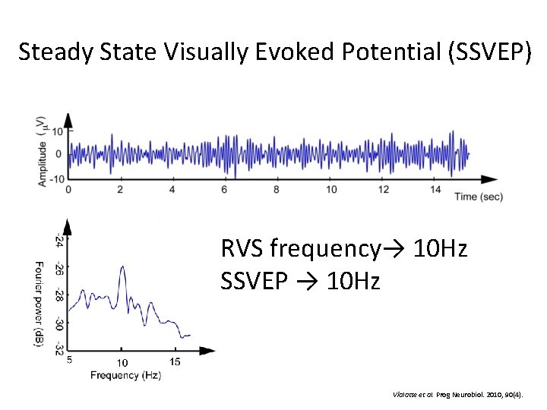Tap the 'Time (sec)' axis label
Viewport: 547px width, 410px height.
tap(478, 197)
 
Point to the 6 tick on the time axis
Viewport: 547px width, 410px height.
tap(224, 188)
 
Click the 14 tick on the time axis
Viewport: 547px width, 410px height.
tap(435, 188)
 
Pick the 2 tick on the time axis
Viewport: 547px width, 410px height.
tap(120, 188)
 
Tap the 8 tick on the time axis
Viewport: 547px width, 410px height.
tap(277, 188)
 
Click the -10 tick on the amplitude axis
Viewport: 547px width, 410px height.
tap(57, 178)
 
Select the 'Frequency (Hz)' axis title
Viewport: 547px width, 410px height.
tap(125, 375)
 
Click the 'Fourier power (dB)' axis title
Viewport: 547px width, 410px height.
tap(39, 304)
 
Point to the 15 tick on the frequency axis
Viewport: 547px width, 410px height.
tap(175, 361)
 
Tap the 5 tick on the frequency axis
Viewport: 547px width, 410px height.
tap(70, 360)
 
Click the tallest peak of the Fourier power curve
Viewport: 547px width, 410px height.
tap(122, 267)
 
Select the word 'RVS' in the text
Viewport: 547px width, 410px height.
tap(243, 248)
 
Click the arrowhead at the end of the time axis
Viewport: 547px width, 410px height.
tap(485, 179)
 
